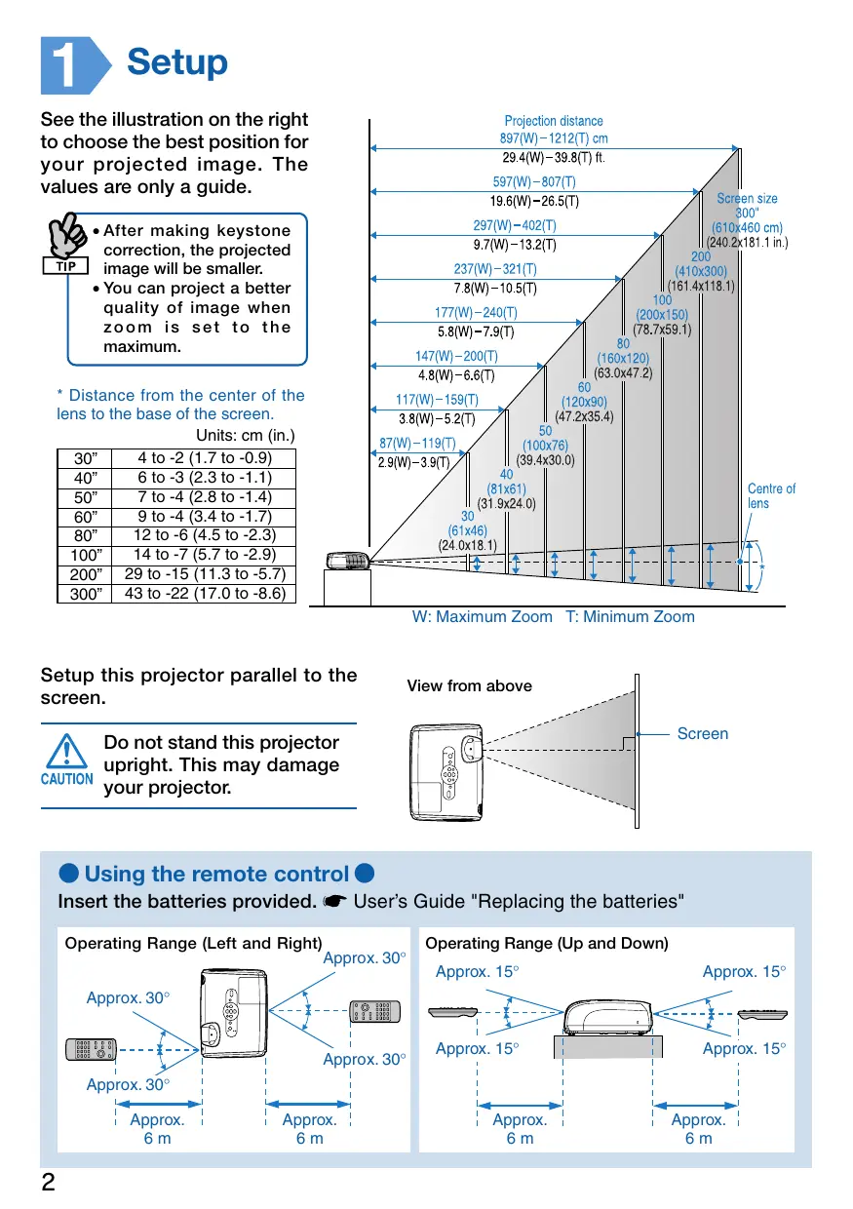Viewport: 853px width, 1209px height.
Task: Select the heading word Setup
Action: coord(177,62)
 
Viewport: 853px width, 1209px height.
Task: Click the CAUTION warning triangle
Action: coord(66,753)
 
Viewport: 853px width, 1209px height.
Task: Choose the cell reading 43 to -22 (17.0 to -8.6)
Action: coord(204,592)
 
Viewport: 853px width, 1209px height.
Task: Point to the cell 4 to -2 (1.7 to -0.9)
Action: coord(204,458)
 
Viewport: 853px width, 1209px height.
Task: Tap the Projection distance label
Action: coord(554,121)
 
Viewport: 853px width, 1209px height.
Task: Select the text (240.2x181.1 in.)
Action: coord(747,242)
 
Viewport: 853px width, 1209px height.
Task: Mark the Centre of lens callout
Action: coord(771,495)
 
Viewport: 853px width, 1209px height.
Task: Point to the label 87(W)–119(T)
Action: coord(417,444)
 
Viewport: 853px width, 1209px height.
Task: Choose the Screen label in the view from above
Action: coord(702,733)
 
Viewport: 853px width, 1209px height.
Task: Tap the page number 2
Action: coord(48,1183)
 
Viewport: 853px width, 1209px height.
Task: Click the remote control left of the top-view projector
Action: coord(92,1049)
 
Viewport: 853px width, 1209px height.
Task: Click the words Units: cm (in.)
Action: coord(246,435)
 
